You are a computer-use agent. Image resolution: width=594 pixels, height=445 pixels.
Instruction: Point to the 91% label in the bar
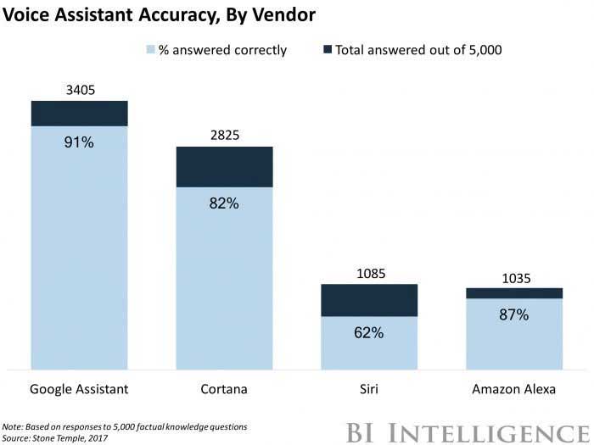[x=79, y=142]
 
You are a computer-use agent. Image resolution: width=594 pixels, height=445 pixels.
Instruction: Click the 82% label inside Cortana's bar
[x=224, y=203]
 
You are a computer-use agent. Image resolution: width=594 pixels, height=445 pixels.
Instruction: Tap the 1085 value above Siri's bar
[x=369, y=273]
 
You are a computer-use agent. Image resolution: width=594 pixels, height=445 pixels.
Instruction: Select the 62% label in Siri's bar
[x=369, y=332]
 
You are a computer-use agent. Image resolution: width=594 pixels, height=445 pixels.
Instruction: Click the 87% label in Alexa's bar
[x=513, y=314]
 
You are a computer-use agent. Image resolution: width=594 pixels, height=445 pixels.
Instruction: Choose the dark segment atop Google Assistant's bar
[x=79, y=114]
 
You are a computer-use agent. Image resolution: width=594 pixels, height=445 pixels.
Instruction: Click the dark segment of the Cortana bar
[x=224, y=167]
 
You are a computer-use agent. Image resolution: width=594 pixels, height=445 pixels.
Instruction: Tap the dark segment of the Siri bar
[x=369, y=300]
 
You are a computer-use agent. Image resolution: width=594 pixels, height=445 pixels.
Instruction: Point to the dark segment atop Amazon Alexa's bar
[x=513, y=293]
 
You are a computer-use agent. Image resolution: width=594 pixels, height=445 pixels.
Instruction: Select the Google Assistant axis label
[x=79, y=389]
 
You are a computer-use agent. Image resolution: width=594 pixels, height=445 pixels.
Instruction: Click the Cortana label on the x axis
[x=224, y=389]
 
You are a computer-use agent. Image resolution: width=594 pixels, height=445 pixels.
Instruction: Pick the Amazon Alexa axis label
[x=513, y=389]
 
